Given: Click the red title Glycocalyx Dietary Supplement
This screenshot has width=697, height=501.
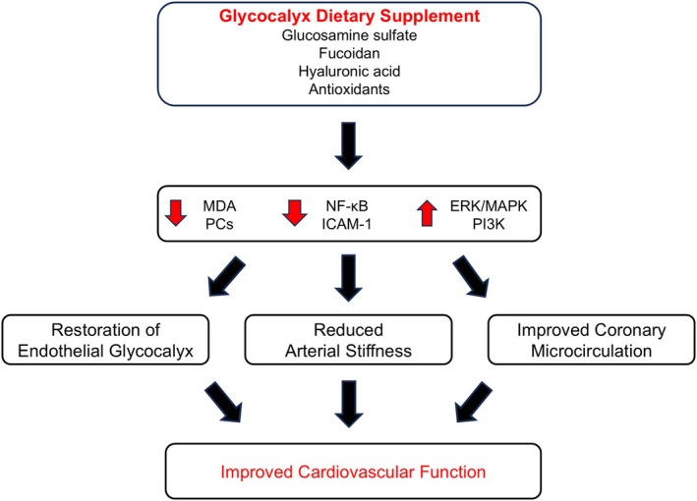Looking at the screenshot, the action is pos(349,16).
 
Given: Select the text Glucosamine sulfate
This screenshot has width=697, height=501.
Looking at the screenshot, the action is pos(349,35).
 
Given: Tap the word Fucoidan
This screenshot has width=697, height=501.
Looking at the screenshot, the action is pos(349,53).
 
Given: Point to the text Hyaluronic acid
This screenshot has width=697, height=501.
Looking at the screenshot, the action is pos(349,71).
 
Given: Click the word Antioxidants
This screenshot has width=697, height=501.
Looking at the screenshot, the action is pos(349,89).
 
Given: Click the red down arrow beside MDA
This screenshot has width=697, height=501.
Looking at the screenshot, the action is pos(176,213).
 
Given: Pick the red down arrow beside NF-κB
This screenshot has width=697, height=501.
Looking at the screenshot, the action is pos(295,213).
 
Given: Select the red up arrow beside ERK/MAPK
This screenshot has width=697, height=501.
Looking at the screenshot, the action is pos(427,213).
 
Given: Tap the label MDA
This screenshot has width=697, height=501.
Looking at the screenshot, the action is pos(219,206).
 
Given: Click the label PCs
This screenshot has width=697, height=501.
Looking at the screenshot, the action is pos(219,224).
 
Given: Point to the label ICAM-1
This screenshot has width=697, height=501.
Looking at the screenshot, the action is pos(347,224).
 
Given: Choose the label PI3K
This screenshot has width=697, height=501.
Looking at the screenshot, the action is pos(489,224).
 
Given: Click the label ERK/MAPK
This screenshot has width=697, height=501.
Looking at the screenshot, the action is pos(489,206).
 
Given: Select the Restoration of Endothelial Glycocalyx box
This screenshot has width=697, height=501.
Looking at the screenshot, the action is pos(106,340).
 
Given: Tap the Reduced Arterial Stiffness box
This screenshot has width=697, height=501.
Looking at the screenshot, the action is pos(348,340).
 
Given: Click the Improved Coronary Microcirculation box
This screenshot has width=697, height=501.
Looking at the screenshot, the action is pos(592,340).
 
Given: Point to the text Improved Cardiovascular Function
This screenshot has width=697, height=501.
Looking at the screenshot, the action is pos(353,472).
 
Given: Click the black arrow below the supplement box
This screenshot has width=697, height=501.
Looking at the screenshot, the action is pos(348,145).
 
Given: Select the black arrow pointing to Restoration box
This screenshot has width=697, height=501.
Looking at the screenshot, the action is pos(226,276).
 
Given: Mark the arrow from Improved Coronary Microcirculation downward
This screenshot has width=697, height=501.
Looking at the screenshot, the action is pos(474,402).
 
